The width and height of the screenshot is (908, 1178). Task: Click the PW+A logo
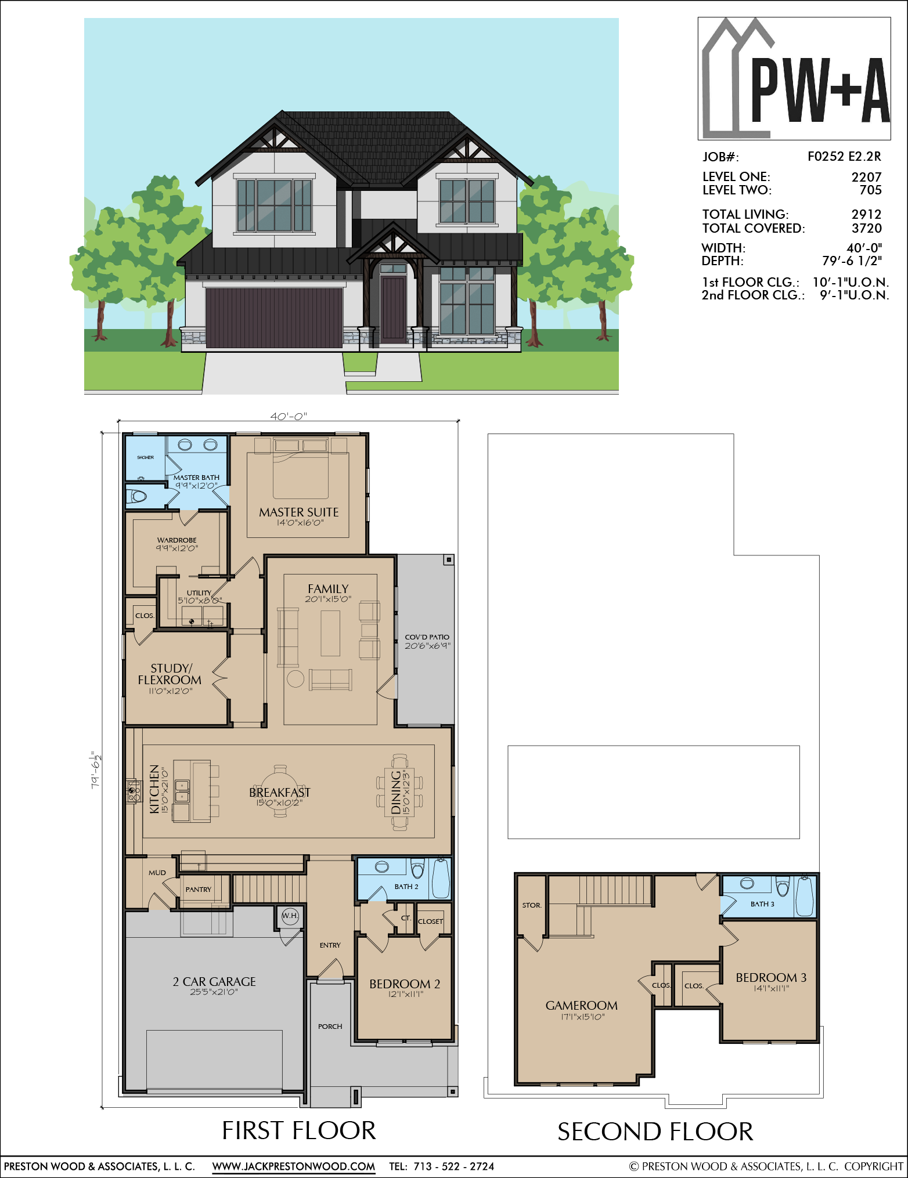tap(794, 78)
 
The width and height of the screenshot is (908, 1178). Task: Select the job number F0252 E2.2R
tap(844, 156)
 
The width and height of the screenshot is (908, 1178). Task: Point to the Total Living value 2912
tap(866, 214)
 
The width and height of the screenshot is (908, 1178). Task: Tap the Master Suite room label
tap(299, 512)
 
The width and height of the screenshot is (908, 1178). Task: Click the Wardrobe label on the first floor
tap(176, 540)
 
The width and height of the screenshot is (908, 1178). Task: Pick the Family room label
tap(328, 588)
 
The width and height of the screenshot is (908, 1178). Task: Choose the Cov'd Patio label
tap(427, 637)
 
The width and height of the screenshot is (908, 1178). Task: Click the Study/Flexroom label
tap(170, 674)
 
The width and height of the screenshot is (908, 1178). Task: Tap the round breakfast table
tap(280, 791)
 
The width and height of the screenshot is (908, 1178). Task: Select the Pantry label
tap(199, 889)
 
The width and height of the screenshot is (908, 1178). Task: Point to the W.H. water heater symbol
tap(290, 916)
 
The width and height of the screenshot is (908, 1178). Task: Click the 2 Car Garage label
tap(214, 981)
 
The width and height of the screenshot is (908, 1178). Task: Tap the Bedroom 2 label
tap(405, 984)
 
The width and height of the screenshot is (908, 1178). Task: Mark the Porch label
tap(330, 1026)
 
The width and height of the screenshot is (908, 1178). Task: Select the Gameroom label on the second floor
tap(581, 1005)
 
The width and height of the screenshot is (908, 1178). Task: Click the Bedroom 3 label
tap(771, 977)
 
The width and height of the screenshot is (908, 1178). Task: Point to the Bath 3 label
tap(762, 904)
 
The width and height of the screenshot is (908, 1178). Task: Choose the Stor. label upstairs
tap(531, 905)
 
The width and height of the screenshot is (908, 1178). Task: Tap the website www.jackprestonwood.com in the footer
tap(294, 1166)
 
